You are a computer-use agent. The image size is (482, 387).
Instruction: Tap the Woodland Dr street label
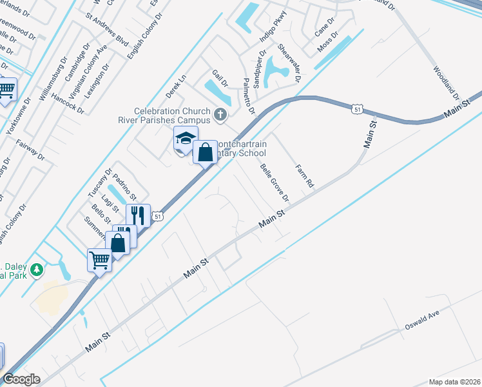click(x=446, y=82)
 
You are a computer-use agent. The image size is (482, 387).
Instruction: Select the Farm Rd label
click(x=304, y=175)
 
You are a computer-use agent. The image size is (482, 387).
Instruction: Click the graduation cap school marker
click(x=185, y=139)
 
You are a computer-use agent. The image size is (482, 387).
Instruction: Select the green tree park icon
click(x=37, y=269)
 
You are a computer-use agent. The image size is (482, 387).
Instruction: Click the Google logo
click(x=22, y=379)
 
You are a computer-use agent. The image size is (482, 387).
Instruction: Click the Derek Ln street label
click(x=175, y=86)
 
